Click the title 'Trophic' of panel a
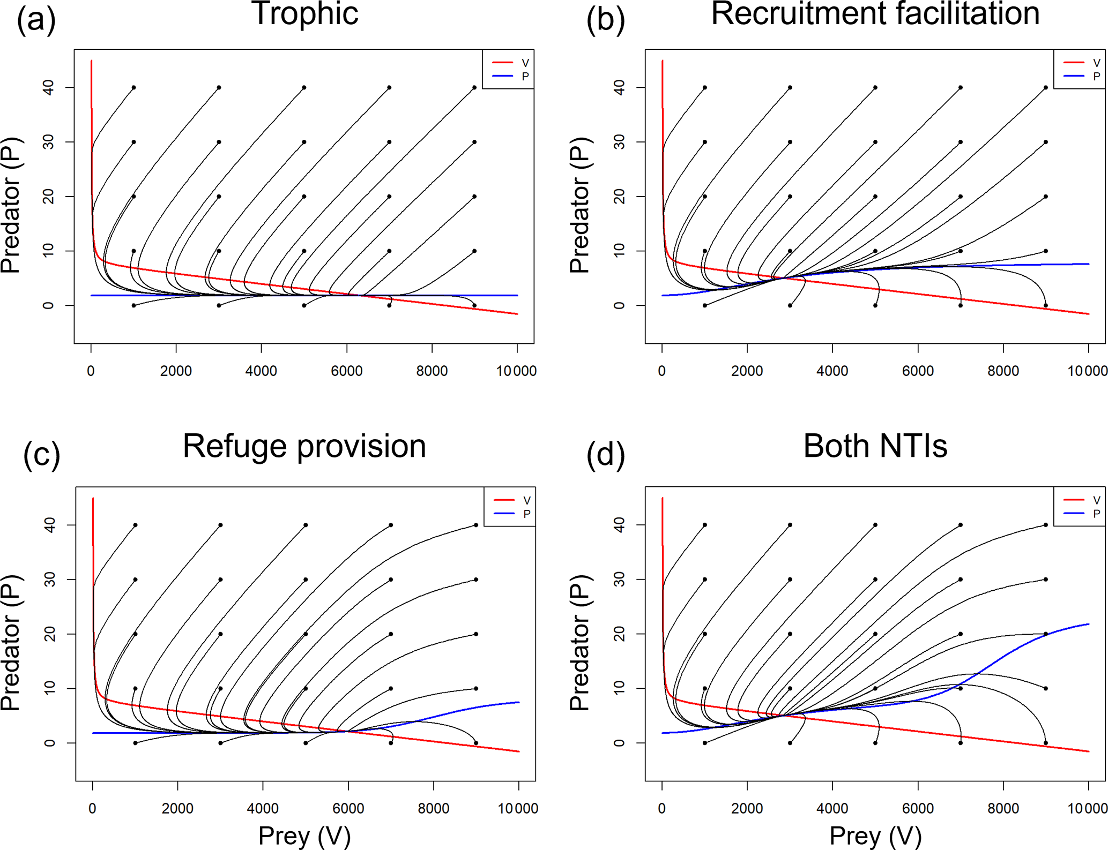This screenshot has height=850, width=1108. click(x=304, y=14)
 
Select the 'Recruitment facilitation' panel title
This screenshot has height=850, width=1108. click(x=875, y=14)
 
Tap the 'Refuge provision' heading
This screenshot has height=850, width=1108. click(x=304, y=446)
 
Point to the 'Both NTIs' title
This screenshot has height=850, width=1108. click(x=875, y=446)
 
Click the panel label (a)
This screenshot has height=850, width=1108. click(x=36, y=20)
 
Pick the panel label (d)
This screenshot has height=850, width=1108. click(x=605, y=455)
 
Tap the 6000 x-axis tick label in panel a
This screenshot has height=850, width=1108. click(x=346, y=371)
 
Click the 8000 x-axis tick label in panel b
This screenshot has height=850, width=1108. click(x=1003, y=371)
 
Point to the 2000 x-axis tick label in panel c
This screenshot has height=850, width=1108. click(x=177, y=809)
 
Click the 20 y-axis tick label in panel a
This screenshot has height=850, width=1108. click(x=49, y=197)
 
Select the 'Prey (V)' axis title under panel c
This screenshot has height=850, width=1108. click(x=304, y=836)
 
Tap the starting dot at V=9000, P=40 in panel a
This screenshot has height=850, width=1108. click(x=474, y=87)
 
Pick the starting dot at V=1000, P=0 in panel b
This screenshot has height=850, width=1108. click(x=705, y=305)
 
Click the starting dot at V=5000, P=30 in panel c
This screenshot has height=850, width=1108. click(x=306, y=580)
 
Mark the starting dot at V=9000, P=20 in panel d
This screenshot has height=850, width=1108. click(x=1045, y=634)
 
